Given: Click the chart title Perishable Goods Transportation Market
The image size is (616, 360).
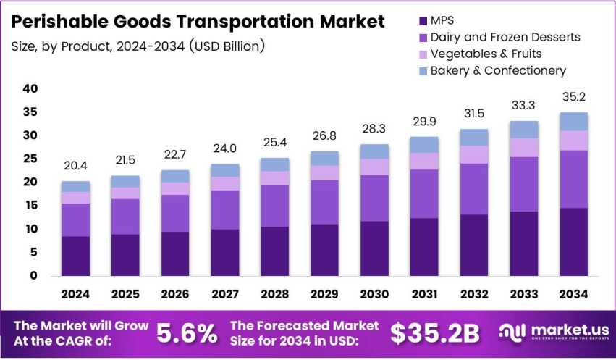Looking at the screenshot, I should (x=198, y=22).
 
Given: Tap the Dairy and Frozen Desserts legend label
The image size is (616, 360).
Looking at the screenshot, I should (x=505, y=36).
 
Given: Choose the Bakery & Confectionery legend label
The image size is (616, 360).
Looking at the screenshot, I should (x=498, y=70).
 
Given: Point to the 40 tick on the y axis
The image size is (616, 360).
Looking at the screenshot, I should (x=29, y=89).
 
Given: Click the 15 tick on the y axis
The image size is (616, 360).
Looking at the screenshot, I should (x=29, y=206).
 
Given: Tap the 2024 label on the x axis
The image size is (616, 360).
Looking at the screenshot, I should (x=76, y=294).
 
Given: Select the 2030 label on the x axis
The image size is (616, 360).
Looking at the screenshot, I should (x=375, y=294).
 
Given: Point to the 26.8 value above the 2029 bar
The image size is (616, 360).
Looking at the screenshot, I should (x=325, y=135).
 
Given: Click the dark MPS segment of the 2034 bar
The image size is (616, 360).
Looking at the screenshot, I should (x=573, y=241).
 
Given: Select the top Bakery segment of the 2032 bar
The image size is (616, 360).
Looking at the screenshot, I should (x=474, y=137).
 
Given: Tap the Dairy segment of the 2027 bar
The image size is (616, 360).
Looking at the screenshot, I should (x=225, y=209).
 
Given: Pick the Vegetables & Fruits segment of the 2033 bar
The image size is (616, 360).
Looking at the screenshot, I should (x=524, y=147).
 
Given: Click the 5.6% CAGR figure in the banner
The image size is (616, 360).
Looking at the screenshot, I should (x=187, y=332).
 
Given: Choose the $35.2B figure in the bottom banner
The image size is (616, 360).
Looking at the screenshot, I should (x=434, y=332).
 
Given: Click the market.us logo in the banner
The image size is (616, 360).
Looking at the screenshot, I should (x=554, y=332).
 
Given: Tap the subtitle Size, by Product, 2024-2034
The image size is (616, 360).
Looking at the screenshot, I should (x=138, y=46).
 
